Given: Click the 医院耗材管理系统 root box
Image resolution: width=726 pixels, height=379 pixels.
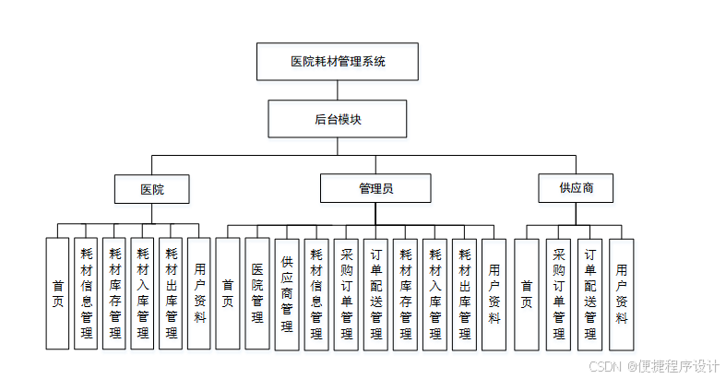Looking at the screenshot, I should click(x=338, y=63).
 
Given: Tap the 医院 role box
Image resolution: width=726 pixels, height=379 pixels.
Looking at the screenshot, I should click(x=152, y=189).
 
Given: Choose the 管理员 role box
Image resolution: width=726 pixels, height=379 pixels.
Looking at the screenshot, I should click(x=375, y=189).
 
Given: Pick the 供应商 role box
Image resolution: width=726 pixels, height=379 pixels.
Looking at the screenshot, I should click(x=576, y=188).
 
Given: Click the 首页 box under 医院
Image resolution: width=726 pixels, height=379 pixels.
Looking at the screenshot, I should click(x=57, y=293).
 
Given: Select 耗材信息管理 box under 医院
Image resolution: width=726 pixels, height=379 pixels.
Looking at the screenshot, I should click(x=86, y=293).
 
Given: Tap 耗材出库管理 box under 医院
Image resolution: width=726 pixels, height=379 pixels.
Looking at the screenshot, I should click(x=171, y=293).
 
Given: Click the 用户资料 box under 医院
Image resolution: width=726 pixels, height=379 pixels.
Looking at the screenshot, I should click(x=199, y=293).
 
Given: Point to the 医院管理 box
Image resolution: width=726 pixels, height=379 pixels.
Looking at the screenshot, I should click(x=256, y=293).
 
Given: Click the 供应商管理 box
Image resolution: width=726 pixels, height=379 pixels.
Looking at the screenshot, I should click(x=286, y=293).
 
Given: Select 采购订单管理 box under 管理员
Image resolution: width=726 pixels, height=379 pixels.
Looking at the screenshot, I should click(x=346, y=293).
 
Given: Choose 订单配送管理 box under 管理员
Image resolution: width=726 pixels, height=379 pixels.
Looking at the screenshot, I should click(x=375, y=293).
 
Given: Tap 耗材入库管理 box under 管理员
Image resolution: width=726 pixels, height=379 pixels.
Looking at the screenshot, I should click(x=434, y=293).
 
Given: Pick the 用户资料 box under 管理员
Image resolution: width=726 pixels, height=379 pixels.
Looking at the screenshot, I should click(x=494, y=293).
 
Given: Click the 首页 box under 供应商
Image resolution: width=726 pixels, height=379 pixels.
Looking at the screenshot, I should click(x=526, y=293).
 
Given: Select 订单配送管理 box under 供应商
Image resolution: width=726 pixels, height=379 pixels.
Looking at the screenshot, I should click(x=590, y=293).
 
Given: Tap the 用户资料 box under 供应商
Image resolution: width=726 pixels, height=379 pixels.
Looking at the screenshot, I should click(x=622, y=293).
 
